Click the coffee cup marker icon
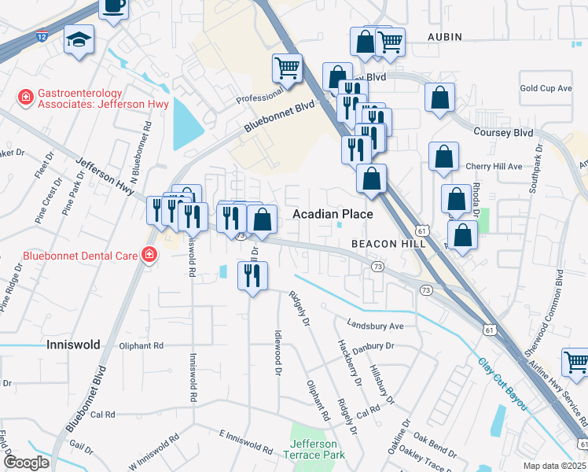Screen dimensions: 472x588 [114, 6]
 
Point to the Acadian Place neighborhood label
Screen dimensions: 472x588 [333, 214]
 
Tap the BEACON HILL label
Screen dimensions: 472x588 [389, 244]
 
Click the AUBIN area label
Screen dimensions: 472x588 [445, 37]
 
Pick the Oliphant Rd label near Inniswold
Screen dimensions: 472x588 [141, 345]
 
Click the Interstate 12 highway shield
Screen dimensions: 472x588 [42, 36]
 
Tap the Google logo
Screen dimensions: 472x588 [26, 462]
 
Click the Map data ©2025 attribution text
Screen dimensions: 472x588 [555, 466]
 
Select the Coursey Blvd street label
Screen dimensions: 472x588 [503, 133]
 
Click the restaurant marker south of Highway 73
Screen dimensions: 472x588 [252, 275]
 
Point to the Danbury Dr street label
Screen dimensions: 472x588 [372, 346]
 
